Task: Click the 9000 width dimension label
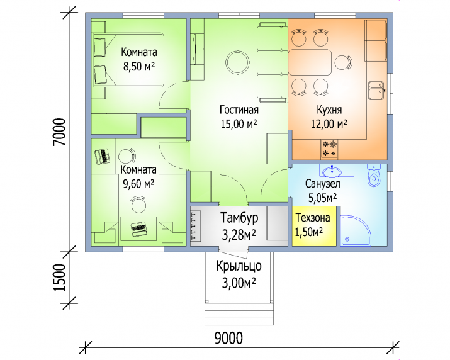228,338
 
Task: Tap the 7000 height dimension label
60,132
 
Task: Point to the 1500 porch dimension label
60,278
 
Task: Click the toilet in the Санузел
374,175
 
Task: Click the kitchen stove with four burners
329,149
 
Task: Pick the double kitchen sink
376,91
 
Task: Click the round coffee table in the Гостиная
237,62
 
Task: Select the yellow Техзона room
314,226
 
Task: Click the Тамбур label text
239,218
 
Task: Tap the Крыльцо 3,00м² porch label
239,274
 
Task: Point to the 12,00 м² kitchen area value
329,124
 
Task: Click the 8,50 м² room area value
139,67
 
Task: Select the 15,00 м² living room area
239,124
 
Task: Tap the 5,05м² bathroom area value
322,198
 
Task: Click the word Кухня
329,110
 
